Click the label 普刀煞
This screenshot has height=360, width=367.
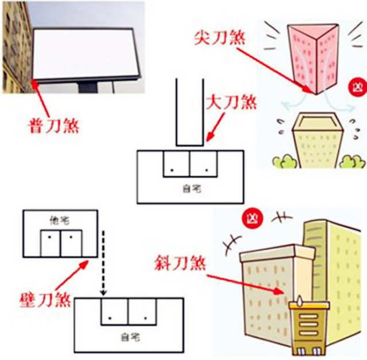tap(53, 124)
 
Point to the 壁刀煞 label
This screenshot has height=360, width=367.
tap(45, 299)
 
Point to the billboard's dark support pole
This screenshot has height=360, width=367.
tap(88, 87)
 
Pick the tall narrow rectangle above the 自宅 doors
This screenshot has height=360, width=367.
tap(189, 112)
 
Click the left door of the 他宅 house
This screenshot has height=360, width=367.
tap(50, 243)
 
